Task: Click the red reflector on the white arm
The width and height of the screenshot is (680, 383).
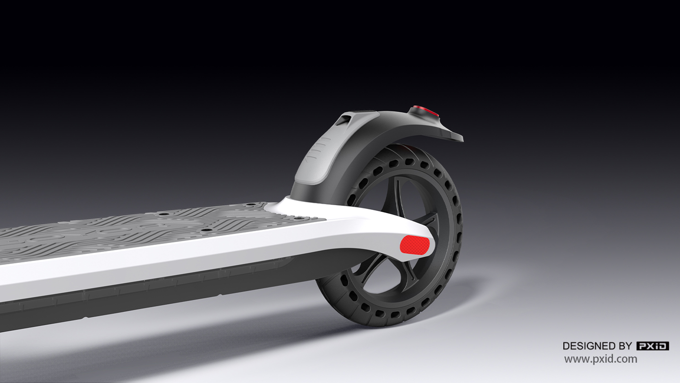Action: pyautogui.click(x=415, y=245)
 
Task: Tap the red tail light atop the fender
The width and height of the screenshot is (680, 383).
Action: pyautogui.click(x=425, y=112)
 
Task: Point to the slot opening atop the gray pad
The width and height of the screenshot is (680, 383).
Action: pyautogui.click(x=344, y=120)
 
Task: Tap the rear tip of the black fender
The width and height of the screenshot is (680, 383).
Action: pyautogui.click(x=457, y=138)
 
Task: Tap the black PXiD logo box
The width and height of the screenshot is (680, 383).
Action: pyautogui.click(x=653, y=346)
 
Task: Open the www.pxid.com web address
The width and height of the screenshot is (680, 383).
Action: pyautogui.click(x=601, y=359)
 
